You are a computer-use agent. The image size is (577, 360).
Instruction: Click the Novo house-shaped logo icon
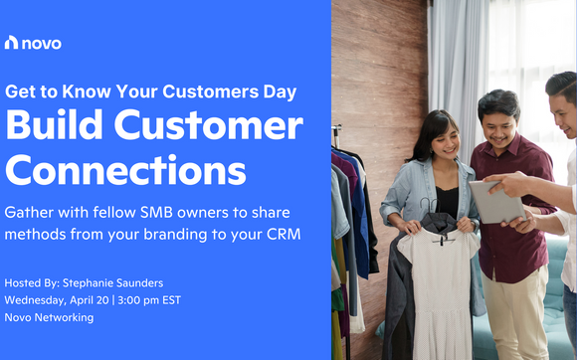(x=12, y=42)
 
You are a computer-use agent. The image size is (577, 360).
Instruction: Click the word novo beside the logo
(x=41, y=42)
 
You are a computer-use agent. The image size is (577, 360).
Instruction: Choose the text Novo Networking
(x=51, y=317)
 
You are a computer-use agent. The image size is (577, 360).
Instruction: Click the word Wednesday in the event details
(x=39, y=299)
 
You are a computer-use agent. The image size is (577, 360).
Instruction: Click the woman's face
(x=441, y=138)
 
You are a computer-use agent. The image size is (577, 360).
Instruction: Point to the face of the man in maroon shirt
(x=499, y=119)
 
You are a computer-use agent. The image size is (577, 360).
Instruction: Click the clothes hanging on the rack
(x=348, y=229)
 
